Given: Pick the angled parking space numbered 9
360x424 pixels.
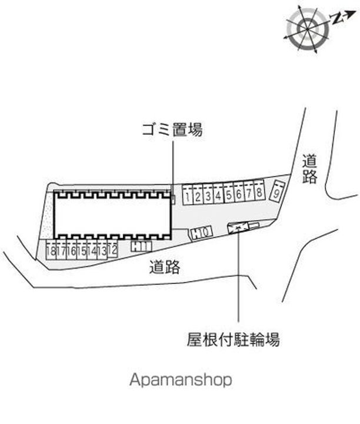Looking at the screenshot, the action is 277,191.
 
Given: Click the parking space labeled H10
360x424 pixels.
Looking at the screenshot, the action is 201,233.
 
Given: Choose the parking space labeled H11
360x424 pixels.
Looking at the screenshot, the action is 142,246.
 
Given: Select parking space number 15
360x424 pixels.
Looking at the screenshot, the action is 82,250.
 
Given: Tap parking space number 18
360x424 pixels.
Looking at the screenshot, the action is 51,250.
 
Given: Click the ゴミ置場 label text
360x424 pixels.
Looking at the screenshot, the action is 172,130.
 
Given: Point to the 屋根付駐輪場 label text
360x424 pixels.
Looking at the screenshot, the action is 233,339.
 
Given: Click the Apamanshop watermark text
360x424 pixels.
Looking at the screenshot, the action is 181,380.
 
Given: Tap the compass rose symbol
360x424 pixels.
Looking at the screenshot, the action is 308,29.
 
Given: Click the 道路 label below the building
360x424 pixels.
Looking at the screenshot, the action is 165,267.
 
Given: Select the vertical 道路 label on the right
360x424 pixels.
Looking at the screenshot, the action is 309,169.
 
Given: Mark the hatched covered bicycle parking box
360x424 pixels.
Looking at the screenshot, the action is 238,227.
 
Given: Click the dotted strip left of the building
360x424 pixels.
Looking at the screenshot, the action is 48,215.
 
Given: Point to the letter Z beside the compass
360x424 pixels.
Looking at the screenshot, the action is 336,18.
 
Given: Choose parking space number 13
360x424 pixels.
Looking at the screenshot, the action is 102,250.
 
